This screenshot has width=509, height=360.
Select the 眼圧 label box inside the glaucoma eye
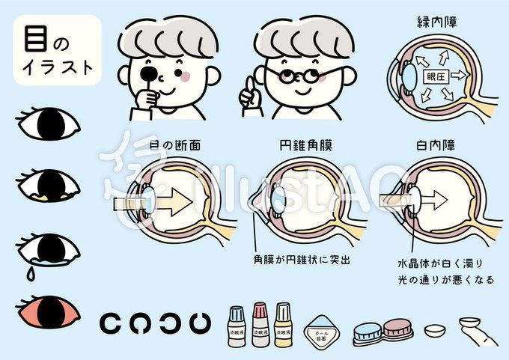[436, 76]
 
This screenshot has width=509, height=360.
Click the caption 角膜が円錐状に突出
[302, 262]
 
